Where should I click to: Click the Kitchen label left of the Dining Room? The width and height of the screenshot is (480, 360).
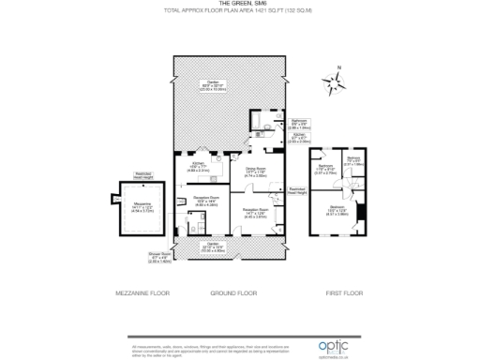199,167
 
